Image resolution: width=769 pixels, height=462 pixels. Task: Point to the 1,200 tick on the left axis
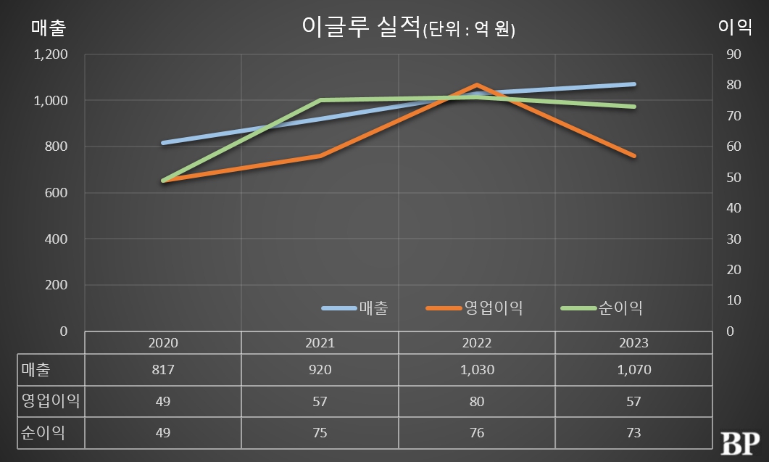[x=51, y=54]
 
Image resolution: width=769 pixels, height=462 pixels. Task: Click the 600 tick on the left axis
[x=55, y=193]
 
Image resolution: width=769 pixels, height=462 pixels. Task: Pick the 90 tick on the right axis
[x=733, y=54]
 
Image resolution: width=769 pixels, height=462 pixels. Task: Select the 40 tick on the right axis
[x=733, y=208]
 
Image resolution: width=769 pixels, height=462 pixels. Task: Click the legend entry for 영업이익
[x=475, y=308]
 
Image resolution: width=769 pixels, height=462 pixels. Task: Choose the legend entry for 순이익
[x=602, y=308]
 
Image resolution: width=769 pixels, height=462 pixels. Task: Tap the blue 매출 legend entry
[x=356, y=308]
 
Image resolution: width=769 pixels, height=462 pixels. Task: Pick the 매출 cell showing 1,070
[x=633, y=370]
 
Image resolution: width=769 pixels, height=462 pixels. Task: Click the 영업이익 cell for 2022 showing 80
[x=476, y=401]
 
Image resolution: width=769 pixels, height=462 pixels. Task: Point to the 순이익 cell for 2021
[x=320, y=433]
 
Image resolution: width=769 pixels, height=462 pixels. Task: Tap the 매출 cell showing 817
[x=162, y=370]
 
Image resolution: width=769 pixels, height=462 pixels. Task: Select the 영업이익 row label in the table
[x=48, y=401]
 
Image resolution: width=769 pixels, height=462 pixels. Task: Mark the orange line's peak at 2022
[x=476, y=85]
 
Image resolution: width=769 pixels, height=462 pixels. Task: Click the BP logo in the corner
[x=739, y=441]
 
